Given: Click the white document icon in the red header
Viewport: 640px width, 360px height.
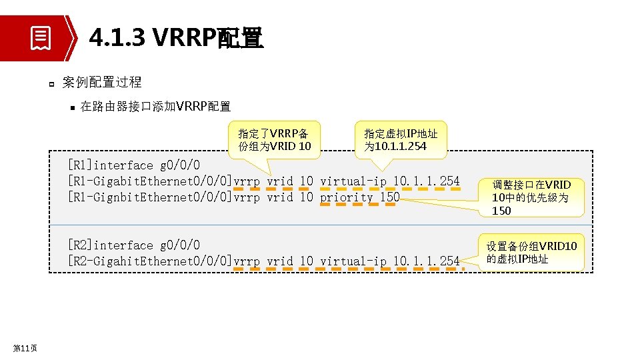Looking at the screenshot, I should (41, 37).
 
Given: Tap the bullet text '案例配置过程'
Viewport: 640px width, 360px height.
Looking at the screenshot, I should (101, 82).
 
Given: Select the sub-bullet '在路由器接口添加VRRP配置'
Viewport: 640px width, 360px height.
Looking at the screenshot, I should (155, 106).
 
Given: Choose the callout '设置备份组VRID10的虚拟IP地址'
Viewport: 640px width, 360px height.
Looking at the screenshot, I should (531, 253).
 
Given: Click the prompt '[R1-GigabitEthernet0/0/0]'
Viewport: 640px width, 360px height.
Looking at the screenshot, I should (149, 181).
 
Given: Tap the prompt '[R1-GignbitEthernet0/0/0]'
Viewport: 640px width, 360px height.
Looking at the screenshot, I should (149, 197).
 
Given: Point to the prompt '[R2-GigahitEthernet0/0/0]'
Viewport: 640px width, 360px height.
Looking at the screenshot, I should (149, 261).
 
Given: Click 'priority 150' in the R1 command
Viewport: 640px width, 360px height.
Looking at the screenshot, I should (359, 197).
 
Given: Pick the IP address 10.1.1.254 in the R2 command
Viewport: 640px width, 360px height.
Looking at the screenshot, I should (426, 261).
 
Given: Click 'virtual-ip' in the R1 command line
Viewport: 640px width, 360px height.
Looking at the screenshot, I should (353, 181).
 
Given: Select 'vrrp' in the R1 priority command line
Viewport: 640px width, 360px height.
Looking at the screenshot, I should (247, 197).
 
